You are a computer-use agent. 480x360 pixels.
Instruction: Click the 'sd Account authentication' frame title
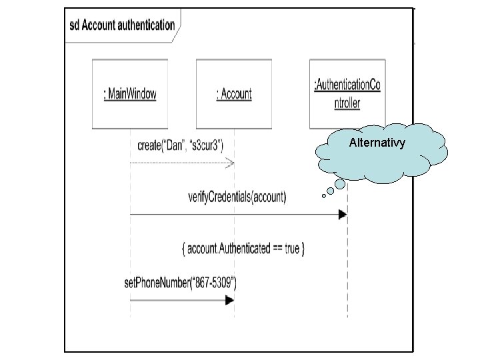pos(122,25)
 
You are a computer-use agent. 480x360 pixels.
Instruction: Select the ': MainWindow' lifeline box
pos(130,94)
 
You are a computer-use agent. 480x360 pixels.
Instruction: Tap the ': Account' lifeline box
pos(234,94)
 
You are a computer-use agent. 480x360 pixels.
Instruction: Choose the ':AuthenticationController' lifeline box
pos(347,93)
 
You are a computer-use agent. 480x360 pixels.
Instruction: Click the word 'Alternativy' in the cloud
pos(377,143)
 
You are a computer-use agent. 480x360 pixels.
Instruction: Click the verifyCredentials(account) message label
pos(237,197)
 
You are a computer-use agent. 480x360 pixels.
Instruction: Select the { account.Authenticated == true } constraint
pos(243,249)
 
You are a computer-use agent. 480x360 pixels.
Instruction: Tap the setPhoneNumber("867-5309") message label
pos(180,283)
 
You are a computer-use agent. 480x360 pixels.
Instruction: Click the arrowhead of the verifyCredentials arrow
pos(343,214)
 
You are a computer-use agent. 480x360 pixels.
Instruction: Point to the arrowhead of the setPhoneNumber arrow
pos(229,300)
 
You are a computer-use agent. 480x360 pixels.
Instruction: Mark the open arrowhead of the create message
pos(230,162)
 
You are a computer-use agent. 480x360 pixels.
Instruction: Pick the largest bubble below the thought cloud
pos(340,183)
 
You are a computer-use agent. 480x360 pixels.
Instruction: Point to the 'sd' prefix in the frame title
pos(75,25)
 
